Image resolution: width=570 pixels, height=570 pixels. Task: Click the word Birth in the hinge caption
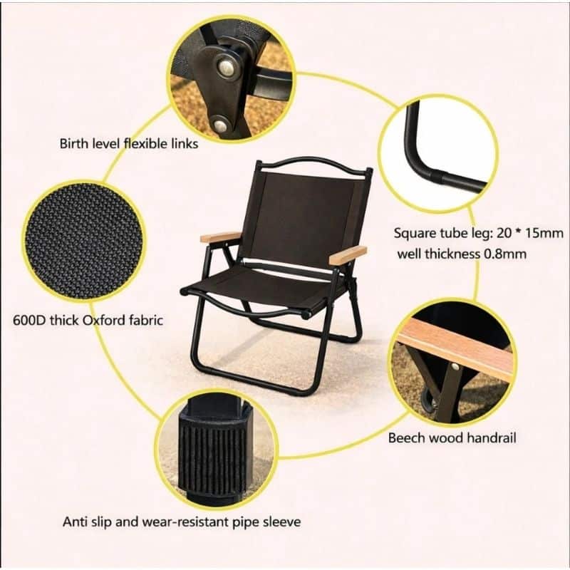coord(74,143)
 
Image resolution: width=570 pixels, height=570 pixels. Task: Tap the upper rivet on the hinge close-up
coord(227,67)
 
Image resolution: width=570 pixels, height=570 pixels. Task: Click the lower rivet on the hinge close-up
coord(221,125)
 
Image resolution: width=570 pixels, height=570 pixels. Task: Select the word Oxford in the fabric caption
coord(103,320)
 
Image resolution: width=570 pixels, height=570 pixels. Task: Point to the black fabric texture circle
coord(83,241)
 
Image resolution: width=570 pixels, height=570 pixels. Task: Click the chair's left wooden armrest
coord(220,237)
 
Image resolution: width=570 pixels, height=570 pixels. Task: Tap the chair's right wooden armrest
coord(348,254)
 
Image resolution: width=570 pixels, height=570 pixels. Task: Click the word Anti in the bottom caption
coord(75,522)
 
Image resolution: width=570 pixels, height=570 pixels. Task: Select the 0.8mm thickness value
coord(505,254)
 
